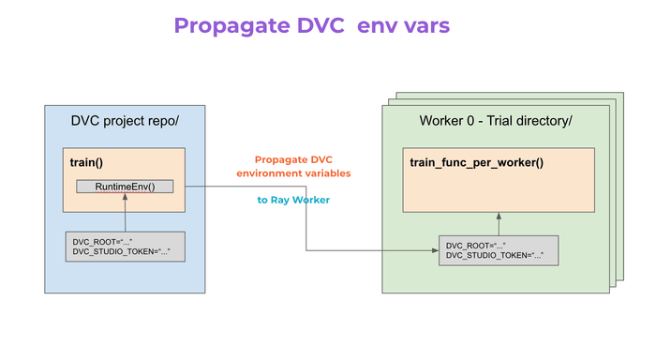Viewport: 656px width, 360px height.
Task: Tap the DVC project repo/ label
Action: coord(125,121)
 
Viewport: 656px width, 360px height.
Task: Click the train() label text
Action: coord(87,162)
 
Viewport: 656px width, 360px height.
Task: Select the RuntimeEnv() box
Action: coord(125,187)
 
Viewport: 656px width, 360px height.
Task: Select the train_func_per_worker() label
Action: coord(476,162)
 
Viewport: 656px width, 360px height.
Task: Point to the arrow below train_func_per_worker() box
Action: coord(499,224)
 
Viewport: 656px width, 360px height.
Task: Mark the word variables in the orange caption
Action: coord(324,173)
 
